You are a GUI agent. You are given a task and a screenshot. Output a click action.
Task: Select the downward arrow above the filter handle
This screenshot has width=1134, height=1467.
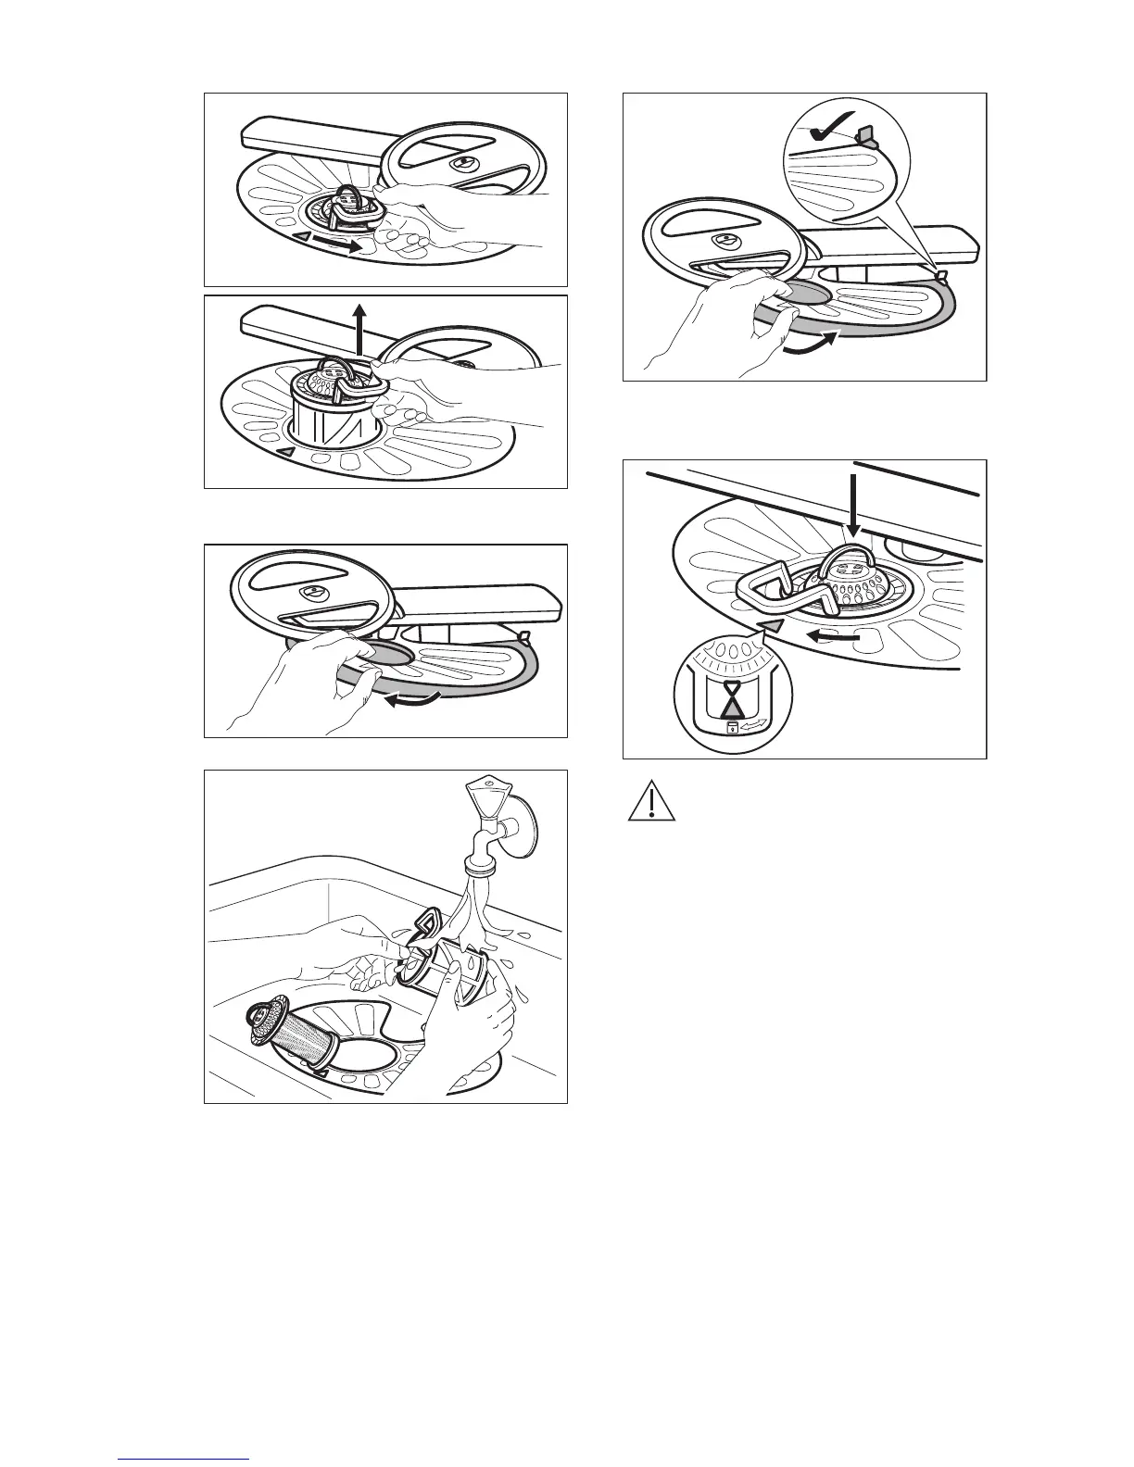tap(853, 500)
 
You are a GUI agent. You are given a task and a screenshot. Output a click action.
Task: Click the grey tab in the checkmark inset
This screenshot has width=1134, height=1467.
tap(869, 137)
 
